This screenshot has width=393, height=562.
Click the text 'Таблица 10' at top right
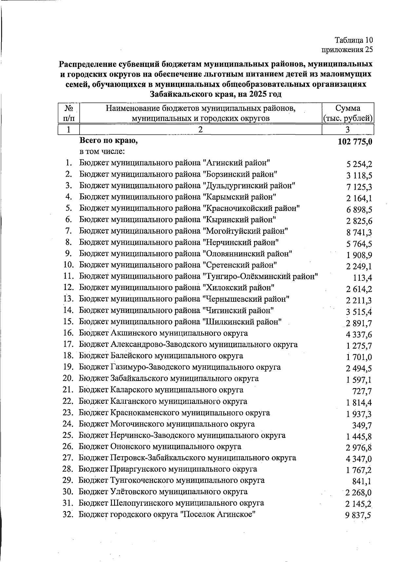pyautogui.click(x=354, y=40)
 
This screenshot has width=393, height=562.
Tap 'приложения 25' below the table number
pyautogui.click(x=347, y=50)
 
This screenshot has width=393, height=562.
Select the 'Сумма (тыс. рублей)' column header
pyautogui.click(x=348, y=113)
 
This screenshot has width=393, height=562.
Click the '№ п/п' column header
pyautogui.click(x=68, y=113)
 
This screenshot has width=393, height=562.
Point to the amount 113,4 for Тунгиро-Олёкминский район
pyautogui.click(x=362, y=278)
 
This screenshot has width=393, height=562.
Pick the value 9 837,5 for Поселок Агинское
pyautogui.click(x=358, y=515)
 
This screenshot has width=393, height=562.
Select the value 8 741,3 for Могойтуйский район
pyautogui.click(x=359, y=233)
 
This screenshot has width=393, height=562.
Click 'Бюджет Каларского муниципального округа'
pyautogui.click(x=161, y=390)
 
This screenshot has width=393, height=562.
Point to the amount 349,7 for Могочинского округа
pyautogui.click(x=362, y=425)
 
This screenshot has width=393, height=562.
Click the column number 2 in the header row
pyautogui.click(x=200, y=130)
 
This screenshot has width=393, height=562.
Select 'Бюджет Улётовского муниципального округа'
pyautogui.click(x=163, y=492)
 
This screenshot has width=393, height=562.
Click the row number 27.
pyautogui.click(x=68, y=458)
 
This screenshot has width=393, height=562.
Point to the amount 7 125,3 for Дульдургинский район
pyautogui.click(x=359, y=187)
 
